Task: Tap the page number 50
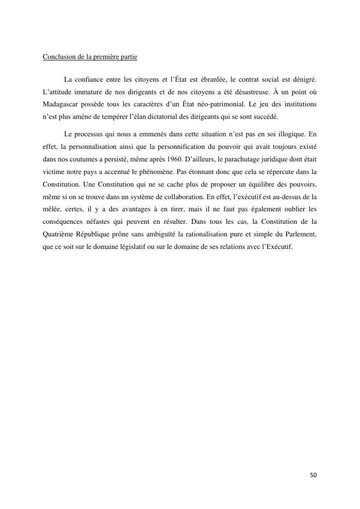[313, 475]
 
